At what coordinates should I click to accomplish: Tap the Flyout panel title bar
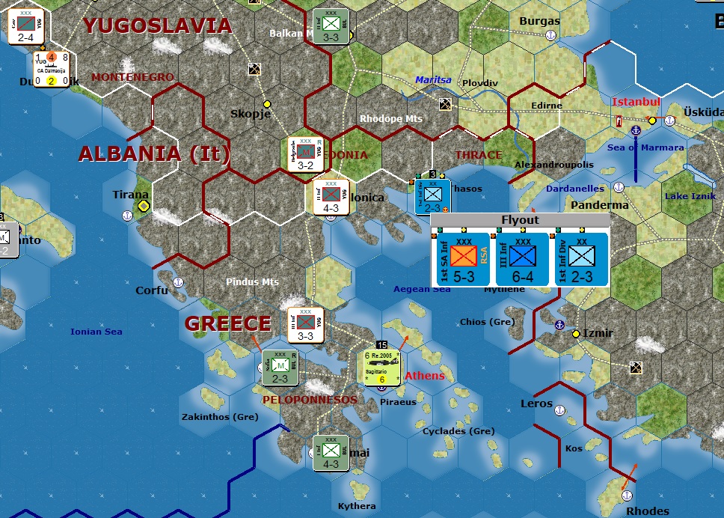click(x=520, y=220)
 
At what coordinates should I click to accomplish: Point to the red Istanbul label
click(x=636, y=102)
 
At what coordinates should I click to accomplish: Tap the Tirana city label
click(x=130, y=195)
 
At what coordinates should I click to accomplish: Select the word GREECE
click(x=228, y=323)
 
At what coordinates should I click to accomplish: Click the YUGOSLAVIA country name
click(x=157, y=25)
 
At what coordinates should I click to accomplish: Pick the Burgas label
click(x=539, y=21)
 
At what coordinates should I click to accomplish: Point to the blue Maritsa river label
click(x=434, y=79)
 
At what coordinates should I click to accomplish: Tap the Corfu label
click(x=152, y=290)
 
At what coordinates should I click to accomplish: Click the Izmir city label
click(x=598, y=333)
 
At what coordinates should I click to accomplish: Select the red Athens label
click(x=424, y=376)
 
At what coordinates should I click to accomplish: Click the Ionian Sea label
click(x=96, y=332)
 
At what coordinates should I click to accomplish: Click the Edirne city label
click(x=545, y=106)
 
